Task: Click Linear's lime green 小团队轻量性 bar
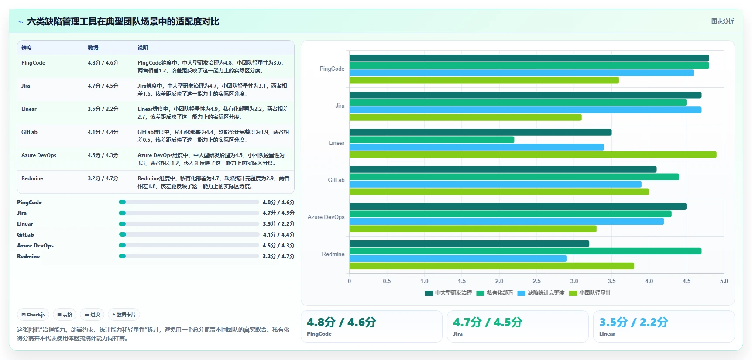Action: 533,154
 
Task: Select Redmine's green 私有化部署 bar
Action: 525,251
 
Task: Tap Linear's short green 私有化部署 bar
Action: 432,140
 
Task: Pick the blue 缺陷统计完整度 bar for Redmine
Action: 458,258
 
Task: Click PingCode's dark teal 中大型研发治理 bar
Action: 529,58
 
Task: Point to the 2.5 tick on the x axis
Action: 537,281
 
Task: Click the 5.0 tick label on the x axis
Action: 724,281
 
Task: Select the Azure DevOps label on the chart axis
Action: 326,217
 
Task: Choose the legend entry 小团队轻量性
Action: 590,293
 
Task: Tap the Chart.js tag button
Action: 33,315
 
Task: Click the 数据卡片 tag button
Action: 124,315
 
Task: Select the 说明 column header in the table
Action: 143,48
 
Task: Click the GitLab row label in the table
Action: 29,132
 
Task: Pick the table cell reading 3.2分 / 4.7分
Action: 103,178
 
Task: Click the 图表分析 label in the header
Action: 723,21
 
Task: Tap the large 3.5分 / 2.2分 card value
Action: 634,322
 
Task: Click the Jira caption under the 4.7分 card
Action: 458,334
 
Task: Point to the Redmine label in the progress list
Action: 28,257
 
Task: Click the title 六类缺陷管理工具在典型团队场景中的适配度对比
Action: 123,21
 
